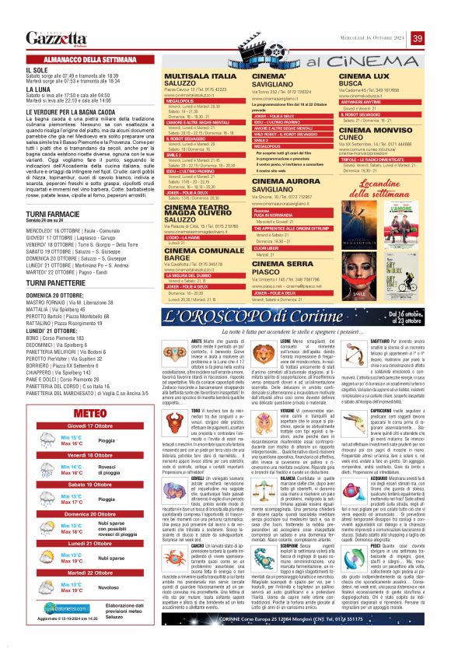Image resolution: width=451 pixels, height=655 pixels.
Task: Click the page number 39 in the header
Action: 418,39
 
